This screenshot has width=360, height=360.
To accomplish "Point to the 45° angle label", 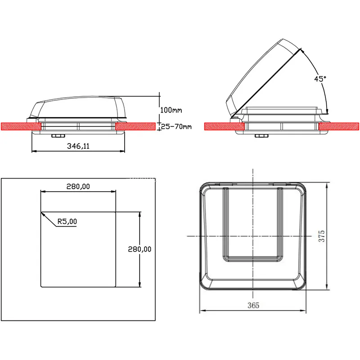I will click(320, 79).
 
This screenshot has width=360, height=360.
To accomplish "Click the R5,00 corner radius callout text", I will click(67, 221).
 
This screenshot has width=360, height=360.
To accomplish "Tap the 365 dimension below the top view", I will click(253, 305).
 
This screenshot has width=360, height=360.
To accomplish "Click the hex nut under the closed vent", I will click(57, 136).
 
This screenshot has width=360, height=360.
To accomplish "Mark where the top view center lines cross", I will click(253, 236).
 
